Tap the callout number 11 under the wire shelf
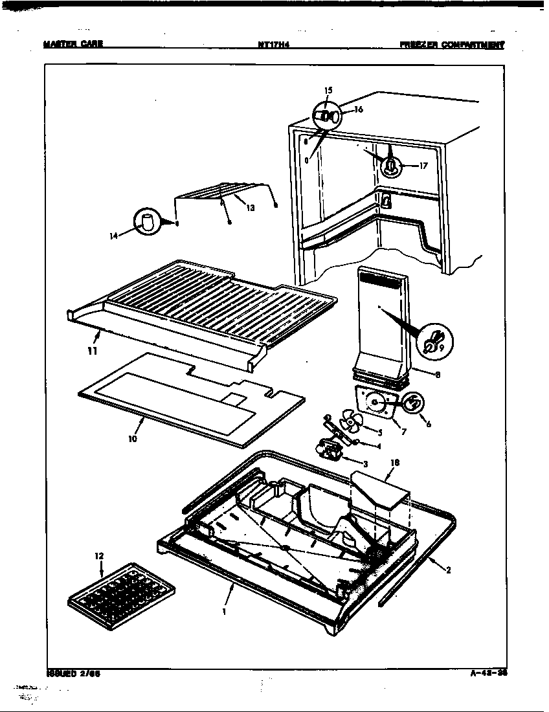(93, 351)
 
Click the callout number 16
(358, 109)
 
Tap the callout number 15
(328, 89)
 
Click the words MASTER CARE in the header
(73, 45)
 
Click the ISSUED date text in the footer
(73, 673)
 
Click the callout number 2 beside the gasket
(448, 570)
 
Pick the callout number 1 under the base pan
(224, 610)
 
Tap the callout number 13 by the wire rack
(251, 208)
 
